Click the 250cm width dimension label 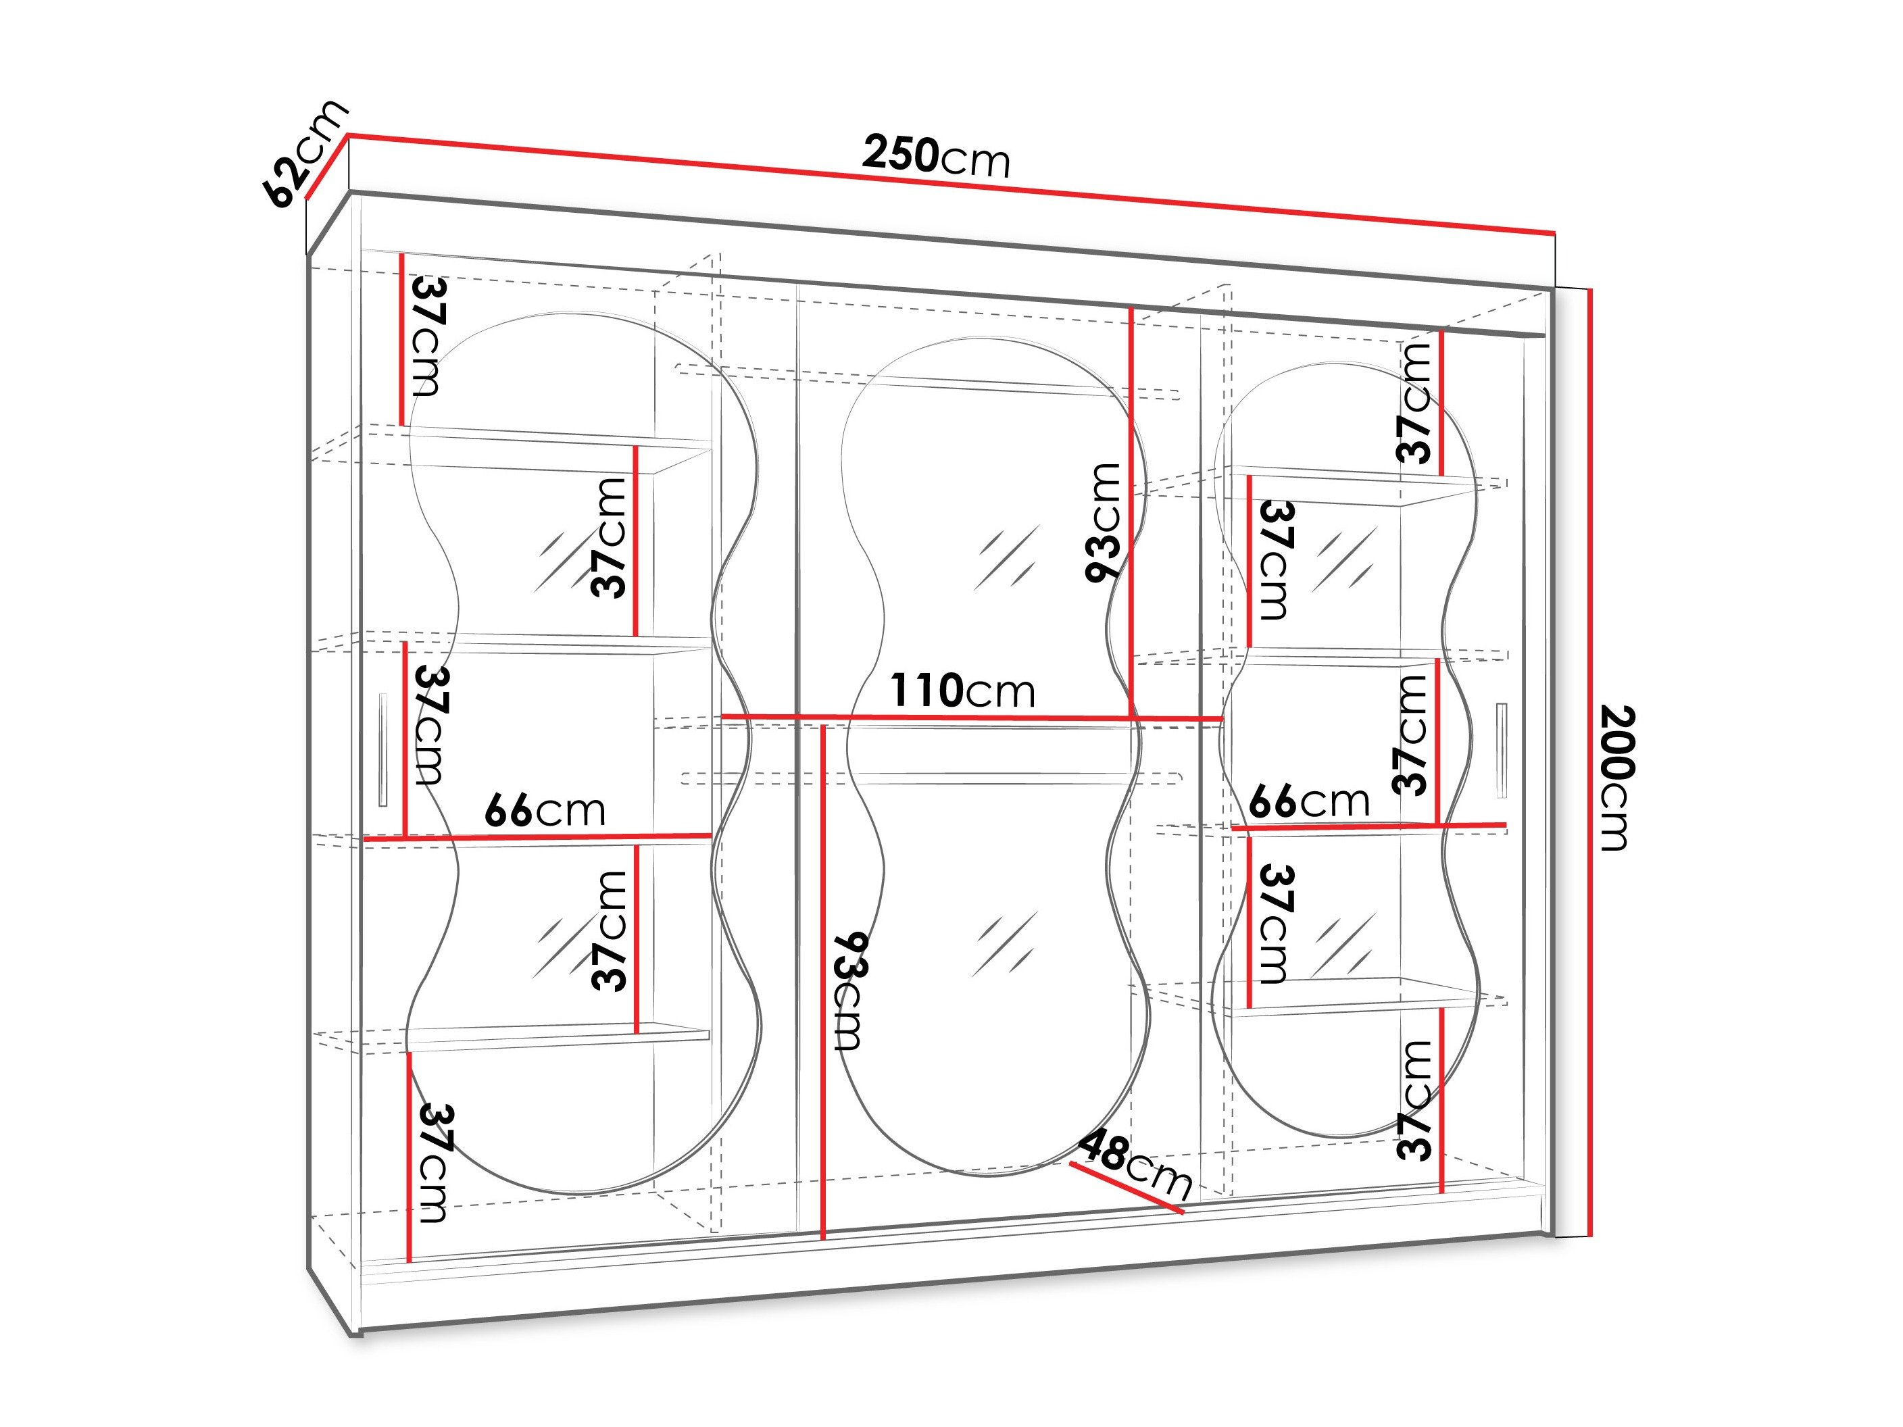pos(935,157)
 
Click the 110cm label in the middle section pos(962,691)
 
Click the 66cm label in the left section pos(545,810)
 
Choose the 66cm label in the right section pos(1308,801)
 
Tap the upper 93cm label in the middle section pos(1103,522)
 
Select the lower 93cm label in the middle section pos(849,991)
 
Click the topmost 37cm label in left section pos(428,336)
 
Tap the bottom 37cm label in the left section pos(432,1163)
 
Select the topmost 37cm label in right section pos(1414,403)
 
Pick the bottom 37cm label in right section pos(1414,1100)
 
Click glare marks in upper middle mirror pos(1006,557)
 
